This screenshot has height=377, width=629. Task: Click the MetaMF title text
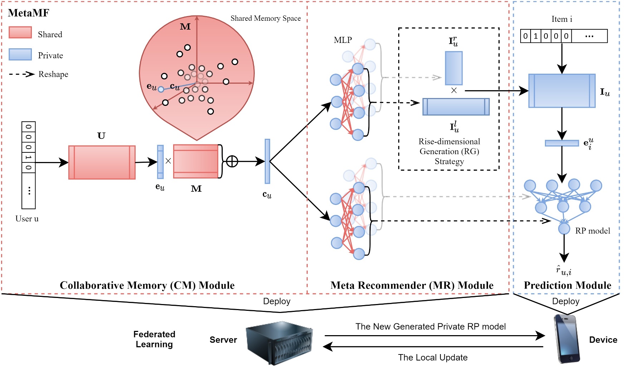[x=28, y=13]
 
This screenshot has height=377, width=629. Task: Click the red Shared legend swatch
[x=20, y=33]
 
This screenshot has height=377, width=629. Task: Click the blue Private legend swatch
[x=20, y=54]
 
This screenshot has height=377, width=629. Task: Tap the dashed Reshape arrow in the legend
[x=21, y=74]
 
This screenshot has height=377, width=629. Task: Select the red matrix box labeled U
[x=102, y=162]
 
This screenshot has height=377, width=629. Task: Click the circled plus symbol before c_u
[x=232, y=161]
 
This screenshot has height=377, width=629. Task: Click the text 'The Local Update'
[x=433, y=357]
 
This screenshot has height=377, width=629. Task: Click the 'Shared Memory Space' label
[x=265, y=18]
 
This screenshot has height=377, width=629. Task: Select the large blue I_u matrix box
[x=562, y=91]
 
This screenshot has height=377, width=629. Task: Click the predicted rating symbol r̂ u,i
[x=564, y=270]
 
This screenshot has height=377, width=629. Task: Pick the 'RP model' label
[x=593, y=231]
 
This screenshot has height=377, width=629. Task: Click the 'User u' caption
[x=27, y=219]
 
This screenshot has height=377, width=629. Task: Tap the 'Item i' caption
[x=562, y=19]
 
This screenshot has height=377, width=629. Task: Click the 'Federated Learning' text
[x=154, y=339]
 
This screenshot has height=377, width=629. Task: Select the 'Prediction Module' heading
[x=567, y=285]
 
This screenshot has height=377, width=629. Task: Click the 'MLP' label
[x=343, y=40]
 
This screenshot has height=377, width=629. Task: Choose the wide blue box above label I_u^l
[x=456, y=107]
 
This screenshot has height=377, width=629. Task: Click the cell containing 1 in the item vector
[x=536, y=36]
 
